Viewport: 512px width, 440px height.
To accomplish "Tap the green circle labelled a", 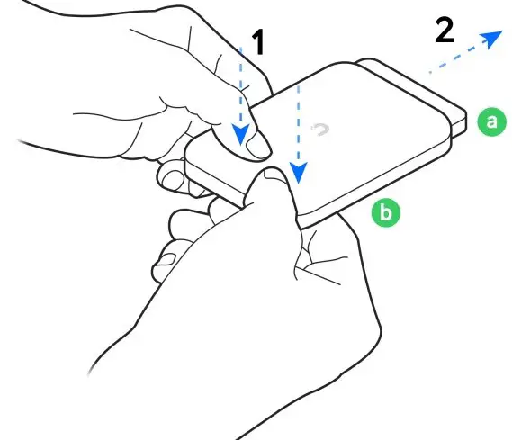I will pyautogui.click(x=490, y=121).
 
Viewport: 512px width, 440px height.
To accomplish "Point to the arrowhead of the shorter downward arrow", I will pyautogui.click(x=240, y=135).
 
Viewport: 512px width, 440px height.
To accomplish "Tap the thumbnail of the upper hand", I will pyautogui.click(x=258, y=143).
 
